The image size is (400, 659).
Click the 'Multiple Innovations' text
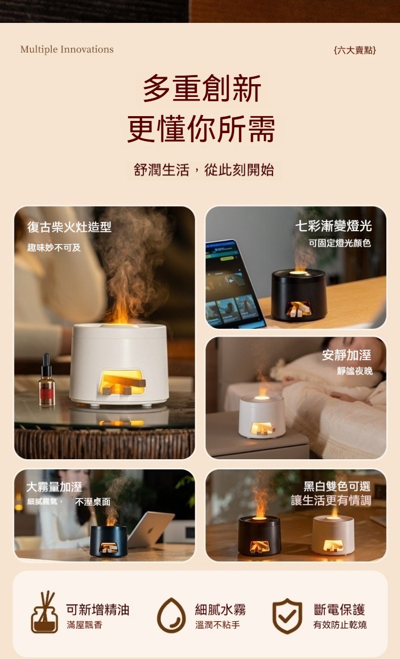pos(67,50)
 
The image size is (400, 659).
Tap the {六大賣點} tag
pos(355,50)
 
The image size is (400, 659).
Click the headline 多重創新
pos(202,88)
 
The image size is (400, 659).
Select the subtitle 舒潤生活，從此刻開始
pos(204,170)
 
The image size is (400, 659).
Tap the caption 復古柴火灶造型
pos(69,227)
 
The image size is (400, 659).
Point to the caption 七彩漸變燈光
pos(333,226)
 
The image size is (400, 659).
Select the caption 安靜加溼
pos(346,355)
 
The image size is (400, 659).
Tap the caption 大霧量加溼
pos(54,487)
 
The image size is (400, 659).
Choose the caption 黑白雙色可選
pos(337,486)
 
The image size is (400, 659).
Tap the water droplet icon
pos(171,615)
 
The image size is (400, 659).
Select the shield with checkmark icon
pos(287,616)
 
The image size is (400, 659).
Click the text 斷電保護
pos(339,609)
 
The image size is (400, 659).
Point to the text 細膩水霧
pos(220,609)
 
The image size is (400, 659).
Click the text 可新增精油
pos(98,609)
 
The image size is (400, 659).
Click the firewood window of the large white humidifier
pos(122,381)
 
